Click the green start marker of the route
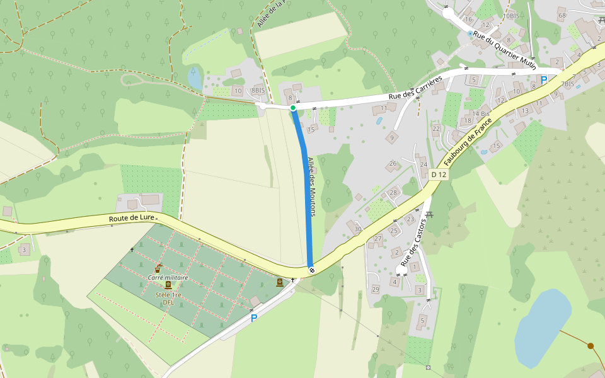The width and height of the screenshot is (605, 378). click(x=293, y=108)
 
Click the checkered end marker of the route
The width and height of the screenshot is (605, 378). click(x=311, y=270)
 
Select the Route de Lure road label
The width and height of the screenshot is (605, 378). click(x=131, y=218)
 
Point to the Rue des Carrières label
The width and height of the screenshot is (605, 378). click(x=415, y=87)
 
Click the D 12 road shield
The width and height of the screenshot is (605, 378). click(x=439, y=175)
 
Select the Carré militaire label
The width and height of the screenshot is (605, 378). click(x=168, y=277)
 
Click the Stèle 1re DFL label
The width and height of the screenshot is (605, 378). click(x=168, y=298)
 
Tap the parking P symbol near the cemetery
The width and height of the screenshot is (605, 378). click(x=254, y=318)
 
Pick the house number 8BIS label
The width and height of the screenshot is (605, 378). click(x=258, y=90)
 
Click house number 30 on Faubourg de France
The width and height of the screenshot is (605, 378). click(x=358, y=229)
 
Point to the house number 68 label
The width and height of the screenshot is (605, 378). click(x=562, y=15)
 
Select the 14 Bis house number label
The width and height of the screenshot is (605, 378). click(x=481, y=113)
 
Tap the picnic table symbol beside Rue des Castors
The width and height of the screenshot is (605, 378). click(x=430, y=215)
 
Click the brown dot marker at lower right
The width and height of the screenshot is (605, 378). click(x=591, y=346)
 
